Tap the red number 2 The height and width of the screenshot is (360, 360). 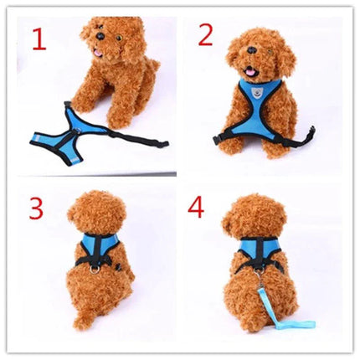[206, 34]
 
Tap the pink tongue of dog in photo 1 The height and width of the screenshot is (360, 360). [97, 53]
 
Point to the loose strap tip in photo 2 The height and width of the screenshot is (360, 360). [311, 131]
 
